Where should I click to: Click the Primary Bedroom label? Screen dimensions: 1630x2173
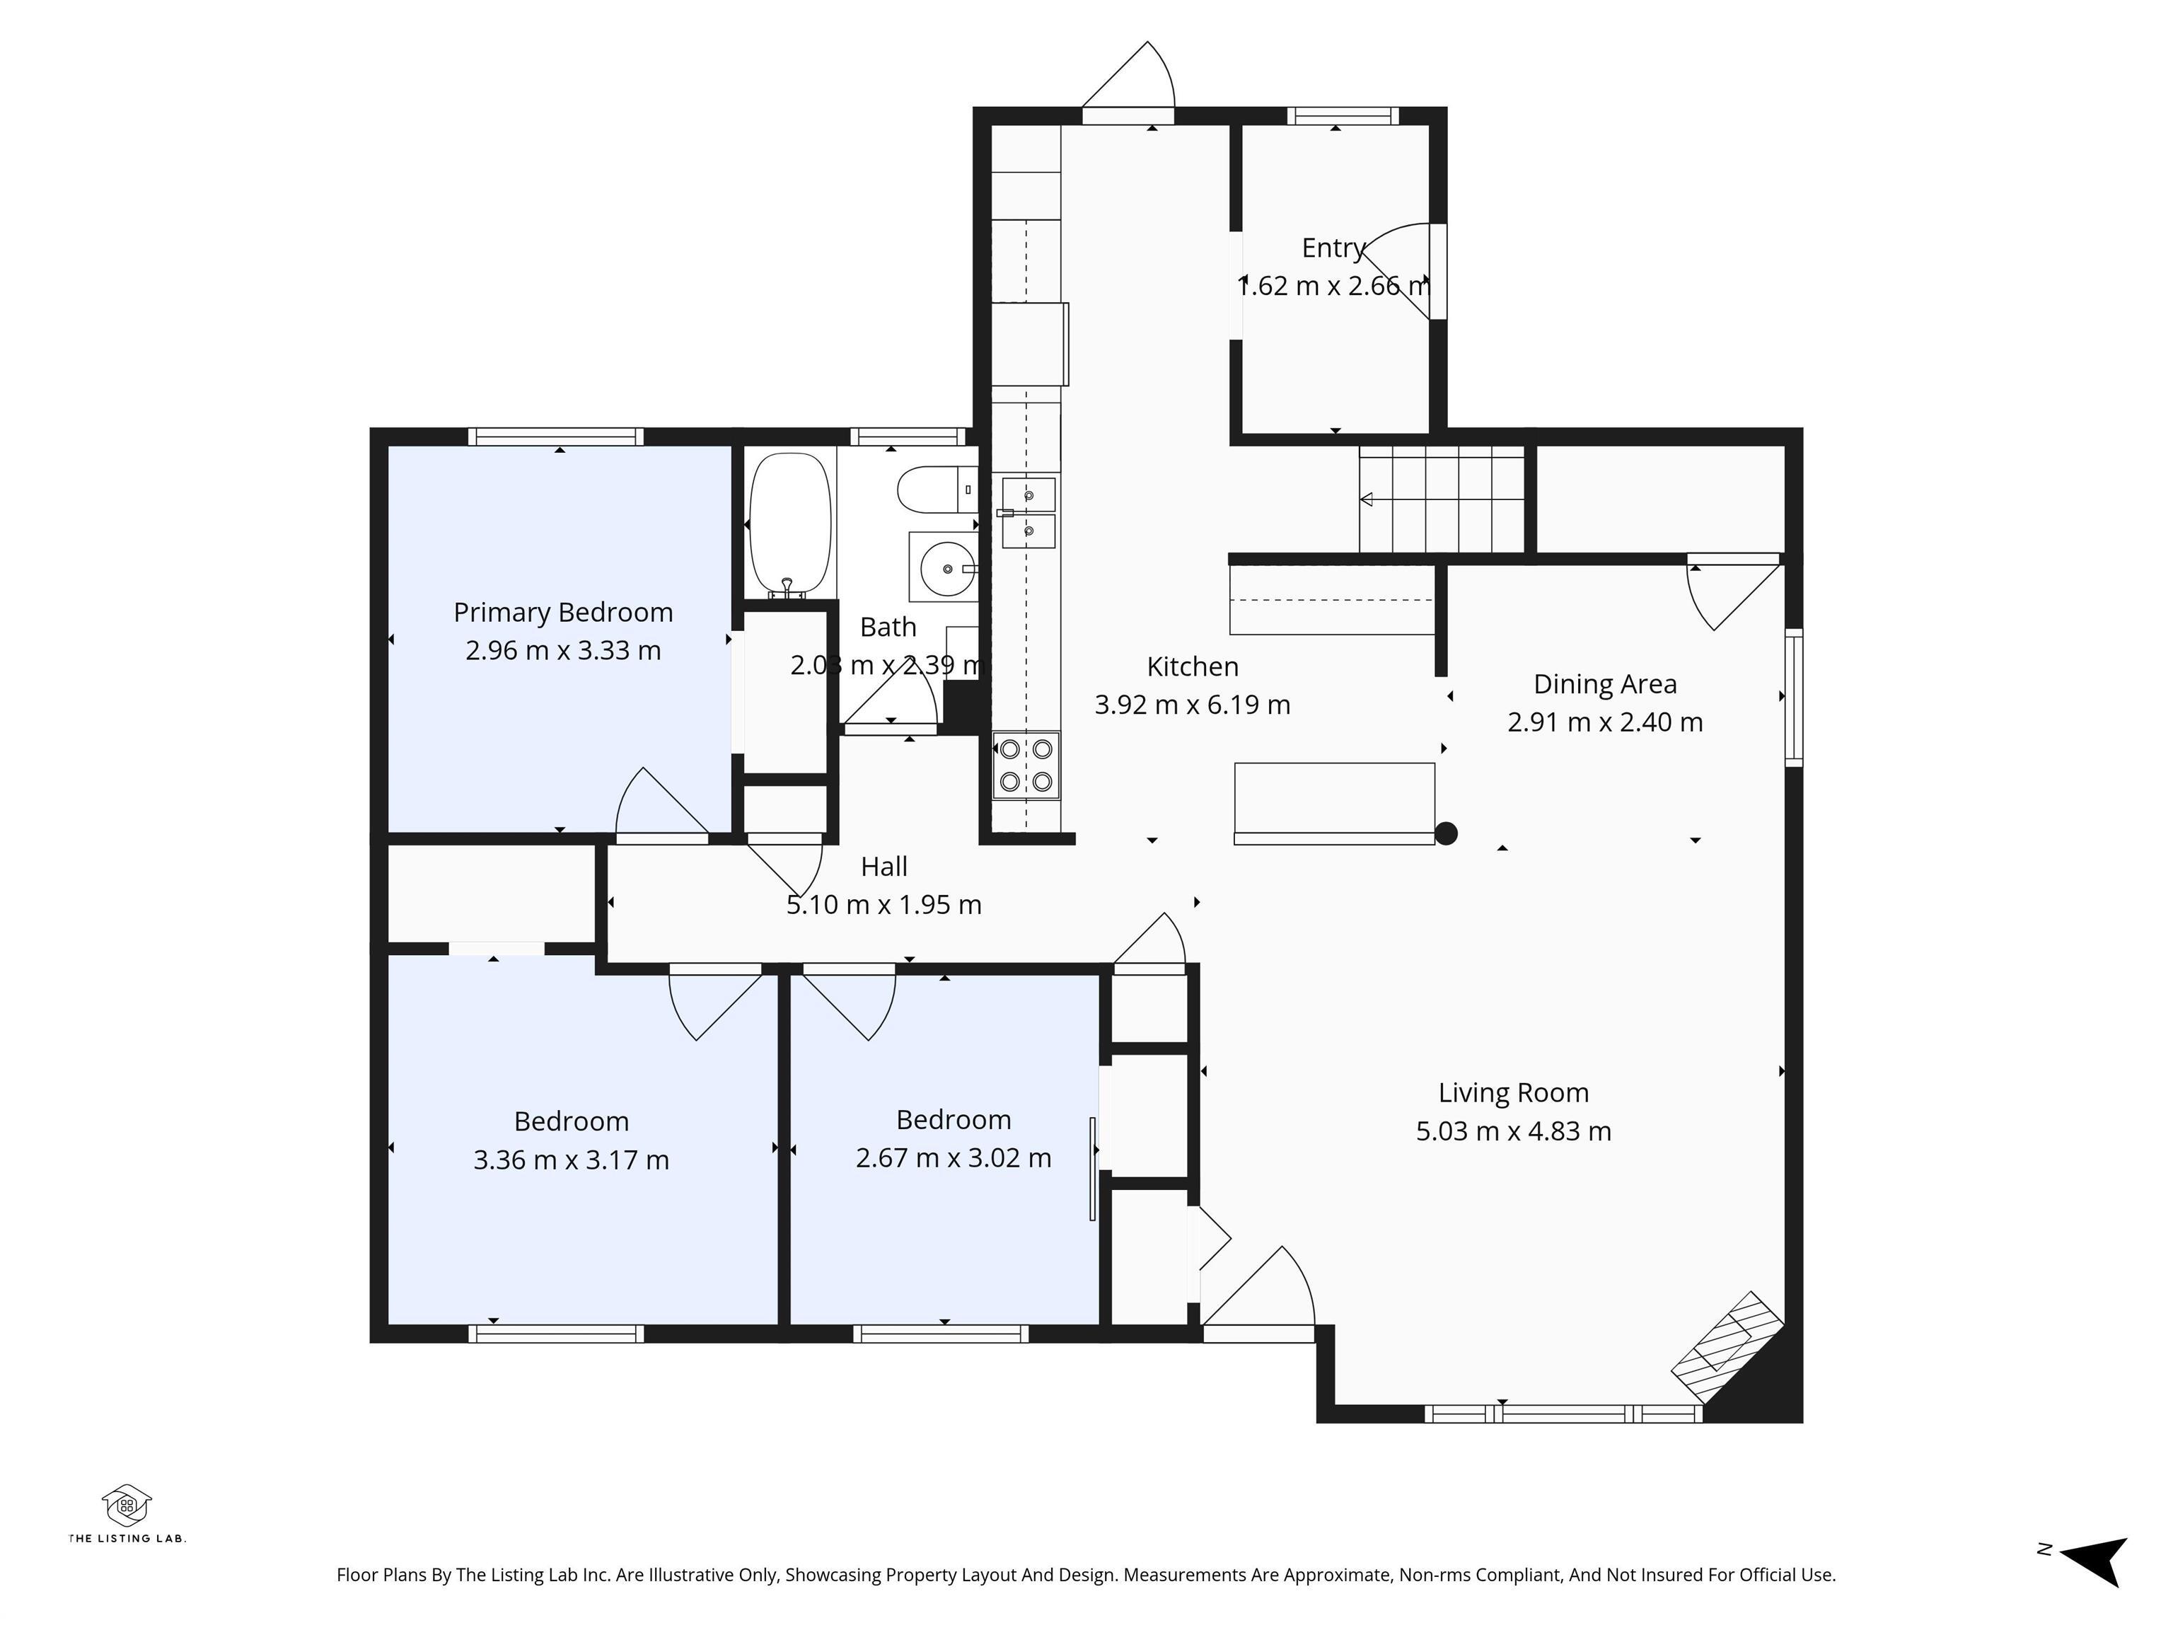coord(563,612)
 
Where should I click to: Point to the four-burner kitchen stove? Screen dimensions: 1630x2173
coord(1026,765)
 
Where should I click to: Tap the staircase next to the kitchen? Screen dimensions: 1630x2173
coord(1441,499)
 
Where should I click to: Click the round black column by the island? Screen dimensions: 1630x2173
coord(1446,833)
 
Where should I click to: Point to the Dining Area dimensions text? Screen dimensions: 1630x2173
coord(1604,722)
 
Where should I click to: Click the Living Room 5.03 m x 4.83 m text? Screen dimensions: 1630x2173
coord(1513,1131)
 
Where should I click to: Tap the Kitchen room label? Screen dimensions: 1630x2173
coord(1193,666)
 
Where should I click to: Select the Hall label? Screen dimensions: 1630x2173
coord(883,867)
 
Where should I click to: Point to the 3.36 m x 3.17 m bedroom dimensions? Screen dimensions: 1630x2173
coord(571,1160)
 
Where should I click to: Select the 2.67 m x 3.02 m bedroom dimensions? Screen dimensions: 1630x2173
coord(953,1158)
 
